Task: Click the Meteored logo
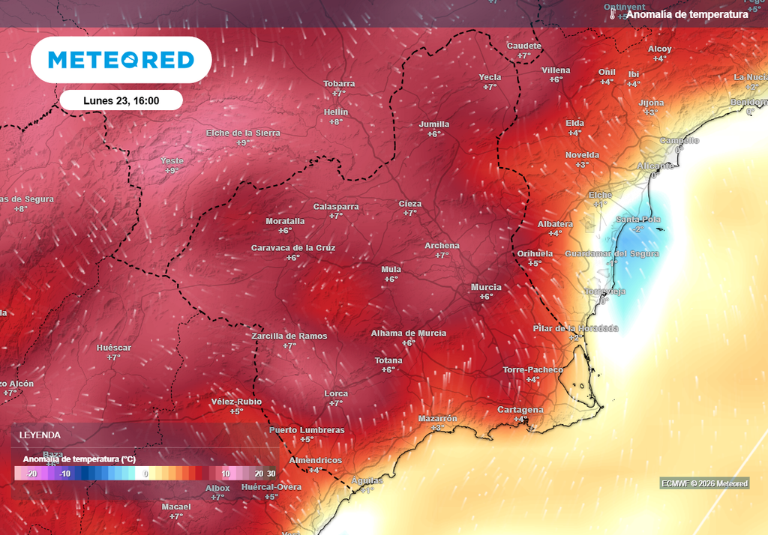pyautogui.click(x=121, y=60)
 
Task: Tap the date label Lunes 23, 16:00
pyautogui.click(x=121, y=100)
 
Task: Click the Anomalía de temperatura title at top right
pyautogui.click(x=687, y=14)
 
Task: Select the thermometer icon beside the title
pyautogui.click(x=613, y=14)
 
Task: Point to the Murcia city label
pyautogui.click(x=486, y=287)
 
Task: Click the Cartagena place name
pyautogui.click(x=520, y=410)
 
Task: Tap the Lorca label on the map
pyautogui.click(x=336, y=393)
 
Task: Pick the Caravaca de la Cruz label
pyautogui.click(x=293, y=247)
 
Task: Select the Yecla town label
pyautogui.click(x=490, y=77)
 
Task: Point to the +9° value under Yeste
pyautogui.click(x=172, y=171)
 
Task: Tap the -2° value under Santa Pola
pyautogui.click(x=637, y=229)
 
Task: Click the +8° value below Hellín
pyautogui.click(x=336, y=121)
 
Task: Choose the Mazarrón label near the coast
pyautogui.click(x=437, y=418)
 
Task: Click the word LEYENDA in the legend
pyautogui.click(x=40, y=435)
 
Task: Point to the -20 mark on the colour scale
pyautogui.click(x=31, y=474)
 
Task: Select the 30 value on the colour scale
pyautogui.click(x=271, y=474)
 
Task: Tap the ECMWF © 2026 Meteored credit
pyautogui.click(x=704, y=483)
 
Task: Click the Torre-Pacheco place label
pyautogui.click(x=532, y=369)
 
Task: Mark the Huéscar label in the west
pyautogui.click(x=114, y=348)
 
